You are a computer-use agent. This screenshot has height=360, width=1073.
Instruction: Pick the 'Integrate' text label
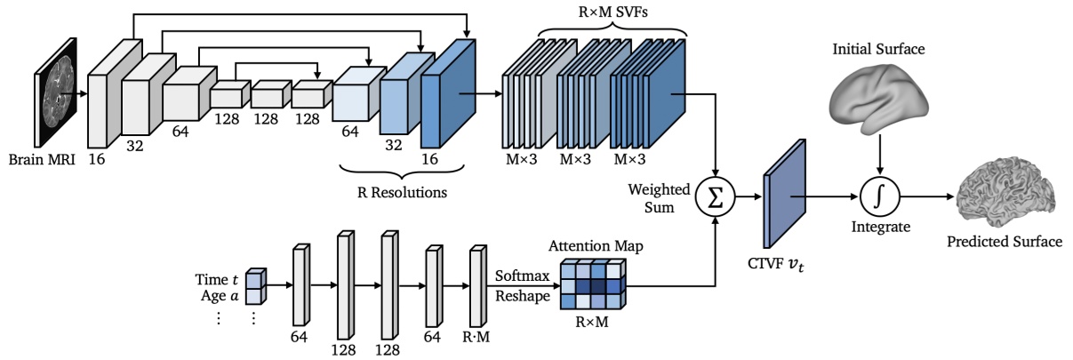(x=880, y=228)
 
